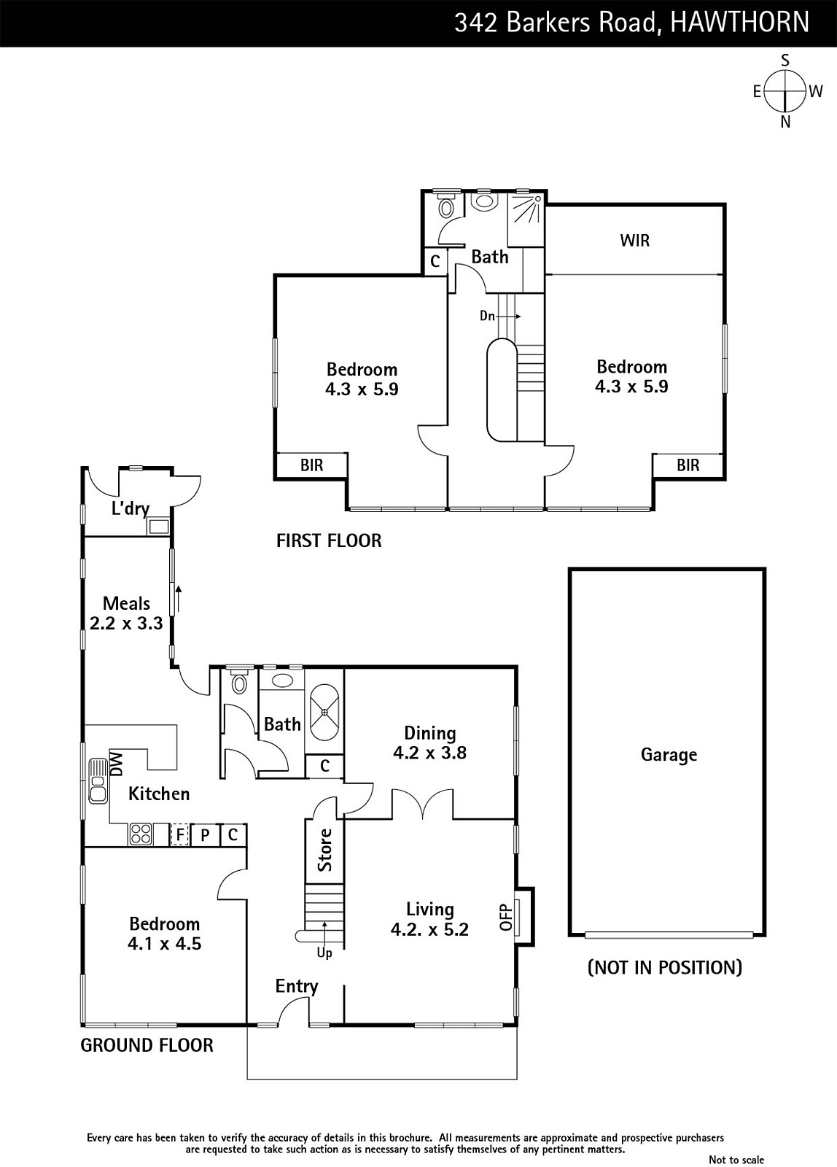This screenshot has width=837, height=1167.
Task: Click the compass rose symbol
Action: (x=785, y=92)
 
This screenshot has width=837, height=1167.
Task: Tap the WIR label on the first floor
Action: (x=634, y=241)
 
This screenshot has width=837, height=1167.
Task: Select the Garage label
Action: (x=669, y=755)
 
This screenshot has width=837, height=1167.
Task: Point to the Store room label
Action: (x=325, y=850)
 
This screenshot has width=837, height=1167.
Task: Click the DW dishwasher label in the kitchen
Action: (x=117, y=764)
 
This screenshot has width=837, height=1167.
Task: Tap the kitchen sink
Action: (x=98, y=780)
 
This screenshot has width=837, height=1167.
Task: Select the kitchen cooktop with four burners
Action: (x=140, y=834)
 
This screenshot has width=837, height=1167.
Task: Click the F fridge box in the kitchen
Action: (x=179, y=834)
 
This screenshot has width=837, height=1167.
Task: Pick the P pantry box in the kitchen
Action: (x=206, y=834)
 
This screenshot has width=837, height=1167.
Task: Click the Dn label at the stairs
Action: (x=488, y=316)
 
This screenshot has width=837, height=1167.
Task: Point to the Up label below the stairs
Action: (x=324, y=953)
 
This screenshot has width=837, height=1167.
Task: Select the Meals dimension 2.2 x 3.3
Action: (x=126, y=624)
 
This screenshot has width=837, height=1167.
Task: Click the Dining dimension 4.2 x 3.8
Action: (x=429, y=753)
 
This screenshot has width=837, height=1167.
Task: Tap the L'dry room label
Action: (x=131, y=508)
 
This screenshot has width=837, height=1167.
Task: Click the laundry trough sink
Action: (x=158, y=526)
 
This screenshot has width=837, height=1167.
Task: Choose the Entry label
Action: (x=297, y=986)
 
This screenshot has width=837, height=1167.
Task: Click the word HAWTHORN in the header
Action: (x=739, y=23)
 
